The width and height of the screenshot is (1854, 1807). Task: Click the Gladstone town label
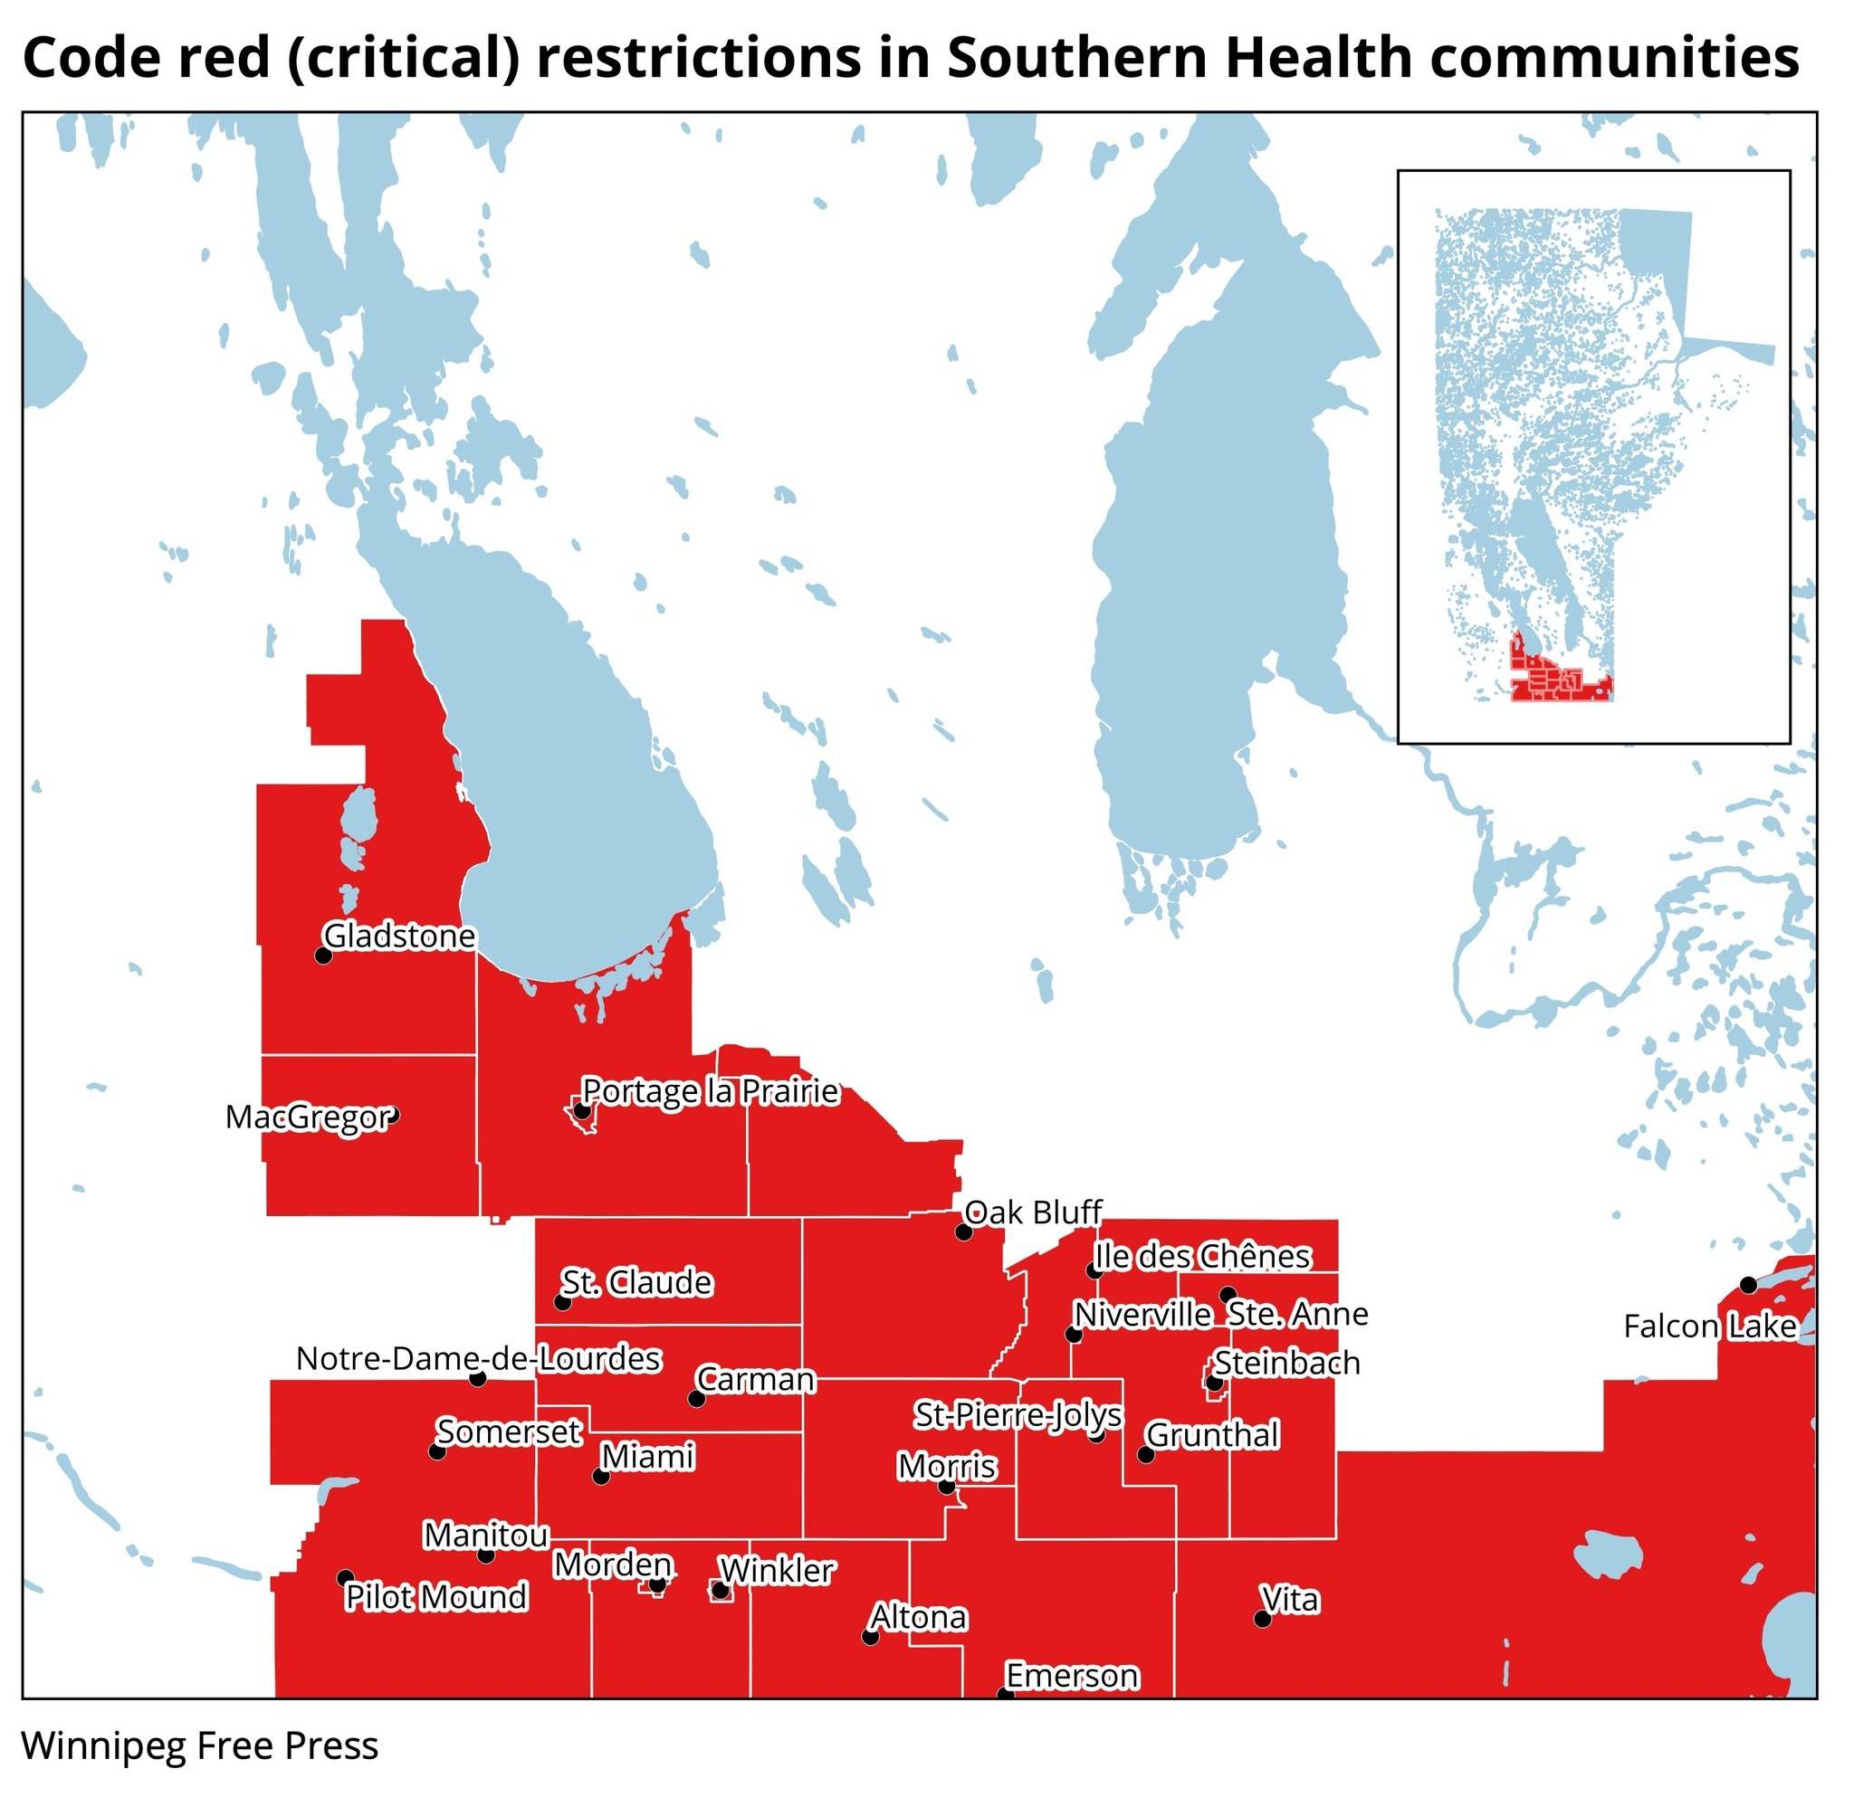point(399,936)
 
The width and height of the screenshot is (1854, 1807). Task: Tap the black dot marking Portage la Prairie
point(583,1111)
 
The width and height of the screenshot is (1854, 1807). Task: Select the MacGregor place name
point(309,1117)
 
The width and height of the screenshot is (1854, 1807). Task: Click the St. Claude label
point(636,1282)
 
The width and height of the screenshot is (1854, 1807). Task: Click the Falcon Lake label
point(1710,1326)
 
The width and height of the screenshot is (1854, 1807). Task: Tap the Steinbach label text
point(1287,1363)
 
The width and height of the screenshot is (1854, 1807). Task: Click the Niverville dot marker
point(1074,1335)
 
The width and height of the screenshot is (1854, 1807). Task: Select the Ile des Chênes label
point(1203,1257)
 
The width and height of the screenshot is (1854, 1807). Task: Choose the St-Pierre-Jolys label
point(1018,1415)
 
